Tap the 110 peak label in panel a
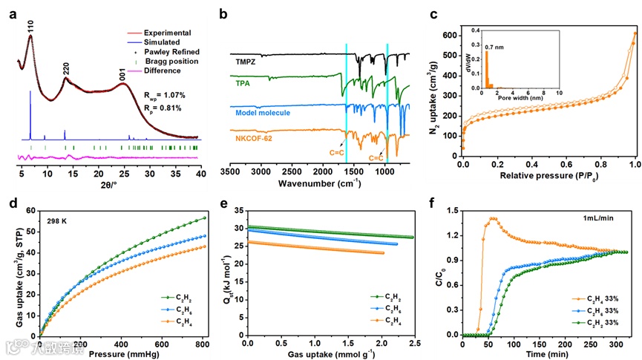click(x=30, y=27)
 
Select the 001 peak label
click(x=122, y=75)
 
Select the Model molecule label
click(x=262, y=112)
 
